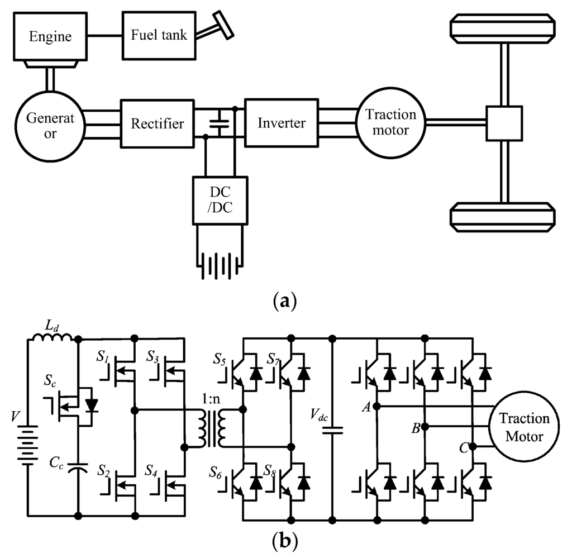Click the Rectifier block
(157, 123)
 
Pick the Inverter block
(281, 123)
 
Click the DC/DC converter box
(219, 198)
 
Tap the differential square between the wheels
(503, 123)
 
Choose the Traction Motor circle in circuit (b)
(524, 427)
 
